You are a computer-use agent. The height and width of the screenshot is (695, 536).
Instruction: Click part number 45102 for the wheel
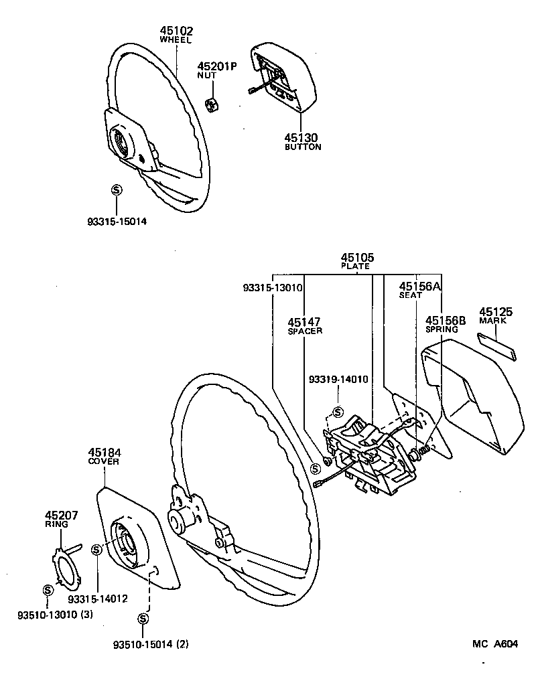[x=176, y=30]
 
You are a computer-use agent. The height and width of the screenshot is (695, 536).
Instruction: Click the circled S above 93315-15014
[x=115, y=190]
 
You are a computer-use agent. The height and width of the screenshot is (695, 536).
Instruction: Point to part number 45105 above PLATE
[x=357, y=257]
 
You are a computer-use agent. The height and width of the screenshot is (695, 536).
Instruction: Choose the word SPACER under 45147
[x=305, y=331]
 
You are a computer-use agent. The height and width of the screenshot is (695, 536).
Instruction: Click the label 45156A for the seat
[x=420, y=286]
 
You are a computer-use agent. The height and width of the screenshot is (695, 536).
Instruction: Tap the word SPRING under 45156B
[x=442, y=329]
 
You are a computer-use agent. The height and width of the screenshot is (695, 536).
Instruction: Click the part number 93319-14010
[x=338, y=379]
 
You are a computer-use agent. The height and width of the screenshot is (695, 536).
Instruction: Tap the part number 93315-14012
[x=98, y=598]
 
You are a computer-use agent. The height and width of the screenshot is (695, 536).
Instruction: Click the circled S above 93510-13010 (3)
[x=48, y=590]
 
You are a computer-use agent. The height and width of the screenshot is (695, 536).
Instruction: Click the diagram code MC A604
[x=495, y=644]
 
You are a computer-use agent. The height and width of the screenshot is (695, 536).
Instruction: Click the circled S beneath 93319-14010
[x=337, y=412]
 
